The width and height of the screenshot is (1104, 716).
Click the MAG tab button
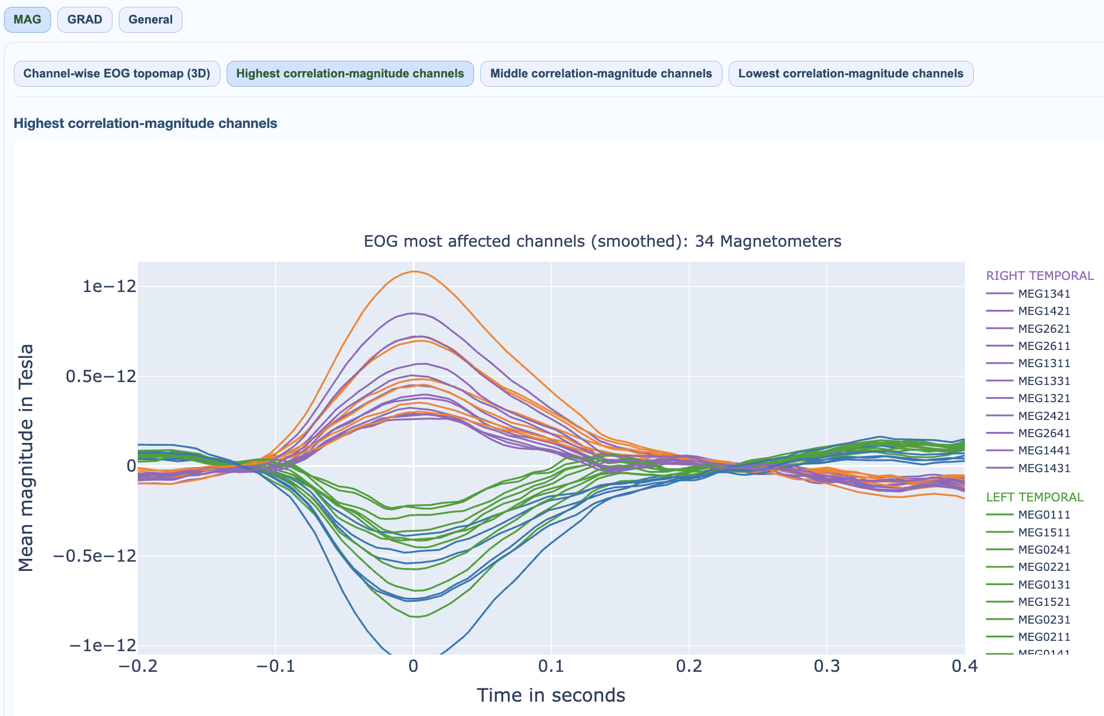point(27,20)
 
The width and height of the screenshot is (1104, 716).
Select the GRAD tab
point(84,20)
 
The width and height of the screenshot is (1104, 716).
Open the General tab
point(150,20)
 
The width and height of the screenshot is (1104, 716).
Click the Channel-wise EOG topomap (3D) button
point(116,73)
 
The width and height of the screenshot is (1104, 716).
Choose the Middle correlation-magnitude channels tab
point(601,73)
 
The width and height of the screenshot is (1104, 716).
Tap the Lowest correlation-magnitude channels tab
point(850,73)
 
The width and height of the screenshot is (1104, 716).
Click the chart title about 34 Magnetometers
point(602,241)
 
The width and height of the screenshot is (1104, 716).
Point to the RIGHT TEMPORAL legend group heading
point(1040,276)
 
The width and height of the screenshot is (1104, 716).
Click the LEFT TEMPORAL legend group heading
point(1035,497)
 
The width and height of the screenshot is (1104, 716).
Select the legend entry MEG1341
point(1044,294)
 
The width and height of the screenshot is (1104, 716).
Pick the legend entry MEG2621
point(1044,329)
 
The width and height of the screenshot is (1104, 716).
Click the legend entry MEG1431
point(1044,468)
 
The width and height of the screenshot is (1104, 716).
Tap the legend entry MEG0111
point(1044,515)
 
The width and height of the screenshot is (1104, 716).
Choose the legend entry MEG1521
point(1044,602)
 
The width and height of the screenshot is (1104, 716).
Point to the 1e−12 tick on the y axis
point(109,286)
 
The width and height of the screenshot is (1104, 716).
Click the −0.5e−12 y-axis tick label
point(95,556)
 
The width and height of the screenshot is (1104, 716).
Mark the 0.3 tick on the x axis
point(827,666)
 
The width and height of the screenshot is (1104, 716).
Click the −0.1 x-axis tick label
point(275,666)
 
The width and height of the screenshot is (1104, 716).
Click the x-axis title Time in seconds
point(551,695)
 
